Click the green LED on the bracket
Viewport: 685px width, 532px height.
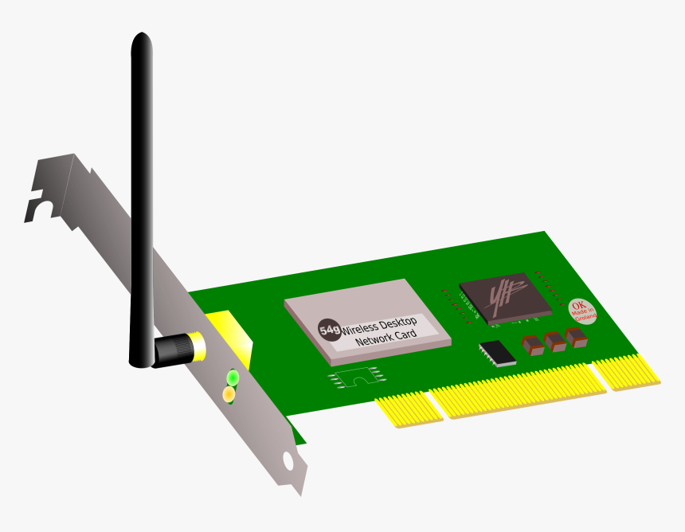(x=233, y=377)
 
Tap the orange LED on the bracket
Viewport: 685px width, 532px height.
(x=229, y=393)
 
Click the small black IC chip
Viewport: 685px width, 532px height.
(x=497, y=352)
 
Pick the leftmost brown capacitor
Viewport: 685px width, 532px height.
(x=532, y=344)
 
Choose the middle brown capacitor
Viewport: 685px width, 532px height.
(x=554, y=340)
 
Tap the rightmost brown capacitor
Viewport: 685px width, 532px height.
(x=576, y=336)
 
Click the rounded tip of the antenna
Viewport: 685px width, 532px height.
(x=142, y=40)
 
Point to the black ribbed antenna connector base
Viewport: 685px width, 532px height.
(x=173, y=350)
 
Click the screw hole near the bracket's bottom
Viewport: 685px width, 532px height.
(x=288, y=461)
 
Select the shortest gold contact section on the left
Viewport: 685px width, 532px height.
(x=409, y=407)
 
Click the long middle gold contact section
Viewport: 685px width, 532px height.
(x=518, y=390)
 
